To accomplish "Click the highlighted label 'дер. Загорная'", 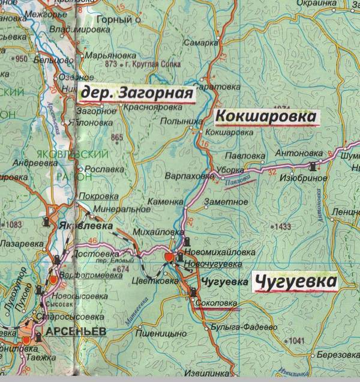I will [136, 94].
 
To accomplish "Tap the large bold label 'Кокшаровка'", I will [265, 116].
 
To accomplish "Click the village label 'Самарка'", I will [205, 43].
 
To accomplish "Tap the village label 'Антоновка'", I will [295, 153].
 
